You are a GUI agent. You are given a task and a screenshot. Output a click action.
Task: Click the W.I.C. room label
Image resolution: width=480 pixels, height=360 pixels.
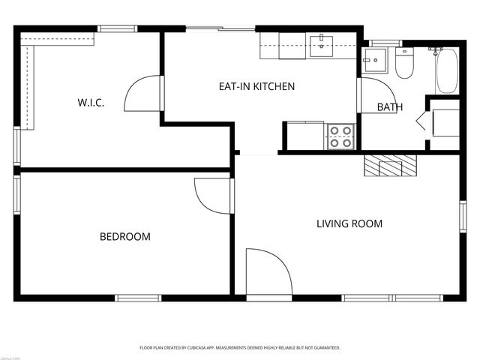pos(90,103)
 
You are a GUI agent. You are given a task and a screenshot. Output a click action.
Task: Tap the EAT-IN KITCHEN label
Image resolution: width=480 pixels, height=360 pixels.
pos(256,86)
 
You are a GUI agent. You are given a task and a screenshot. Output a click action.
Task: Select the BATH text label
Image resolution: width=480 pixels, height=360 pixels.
pos(389,107)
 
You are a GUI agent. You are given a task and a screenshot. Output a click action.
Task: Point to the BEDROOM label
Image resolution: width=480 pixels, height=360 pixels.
pos(125,236)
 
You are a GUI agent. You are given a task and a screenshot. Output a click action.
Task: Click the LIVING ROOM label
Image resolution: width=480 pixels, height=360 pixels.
pos(349,223)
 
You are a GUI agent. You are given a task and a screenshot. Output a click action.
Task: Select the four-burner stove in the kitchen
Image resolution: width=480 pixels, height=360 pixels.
pos(340,136)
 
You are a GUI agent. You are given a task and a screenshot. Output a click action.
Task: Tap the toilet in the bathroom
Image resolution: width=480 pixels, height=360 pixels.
pos(405,64)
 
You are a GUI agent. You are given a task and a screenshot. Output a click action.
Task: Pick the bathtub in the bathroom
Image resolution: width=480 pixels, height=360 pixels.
pos(446,71)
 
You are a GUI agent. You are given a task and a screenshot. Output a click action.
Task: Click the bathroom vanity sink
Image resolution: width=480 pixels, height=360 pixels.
pos(373,61)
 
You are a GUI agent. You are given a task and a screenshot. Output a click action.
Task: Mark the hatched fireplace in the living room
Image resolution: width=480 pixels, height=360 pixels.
pos(388,165)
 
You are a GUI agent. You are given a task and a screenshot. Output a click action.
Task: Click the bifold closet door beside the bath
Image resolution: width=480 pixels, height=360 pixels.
pos(421,122)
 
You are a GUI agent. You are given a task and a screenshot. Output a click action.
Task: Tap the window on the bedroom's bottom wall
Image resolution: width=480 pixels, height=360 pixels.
pos(139,298)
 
